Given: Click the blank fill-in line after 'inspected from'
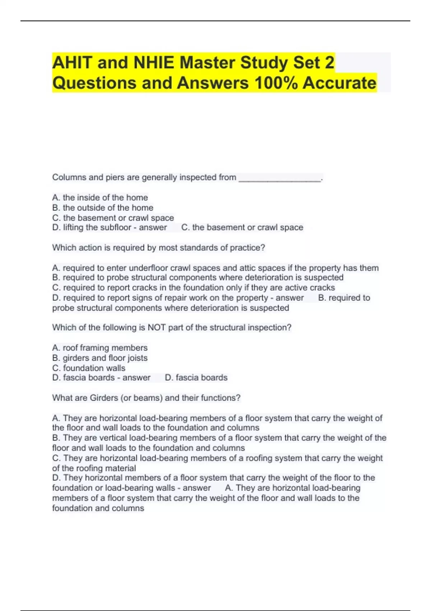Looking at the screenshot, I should pyautogui.click(x=280, y=178).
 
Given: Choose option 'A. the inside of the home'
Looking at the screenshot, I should pyautogui.click(x=100, y=198).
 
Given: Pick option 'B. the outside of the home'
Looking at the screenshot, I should pyautogui.click(x=103, y=208).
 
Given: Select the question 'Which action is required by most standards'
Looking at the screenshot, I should pyautogui.click(x=158, y=248).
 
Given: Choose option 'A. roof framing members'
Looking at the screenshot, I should pyautogui.click(x=99, y=348).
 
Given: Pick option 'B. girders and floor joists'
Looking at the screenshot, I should pyautogui.click(x=99, y=358).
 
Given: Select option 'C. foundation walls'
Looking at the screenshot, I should pyautogui.click(x=89, y=368).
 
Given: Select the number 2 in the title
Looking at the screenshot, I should pyautogui.click(x=329, y=63).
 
